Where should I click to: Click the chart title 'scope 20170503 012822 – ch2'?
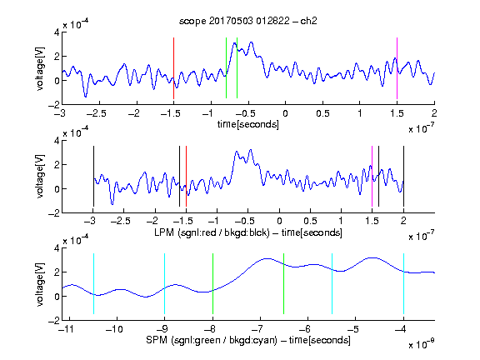[x=248, y=21]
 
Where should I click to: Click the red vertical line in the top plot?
[x=173, y=68]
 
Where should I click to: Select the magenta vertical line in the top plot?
[x=397, y=68]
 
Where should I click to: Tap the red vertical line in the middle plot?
[x=186, y=177]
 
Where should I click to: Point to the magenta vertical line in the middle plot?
[x=372, y=177]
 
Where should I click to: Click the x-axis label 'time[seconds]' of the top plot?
[x=248, y=124]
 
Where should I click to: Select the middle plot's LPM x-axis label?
[x=248, y=232]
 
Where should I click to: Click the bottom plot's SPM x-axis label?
[x=248, y=340]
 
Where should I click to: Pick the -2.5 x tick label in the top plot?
[x=97, y=113]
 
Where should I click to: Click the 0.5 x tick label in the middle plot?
[x=310, y=221]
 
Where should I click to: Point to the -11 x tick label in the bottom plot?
[x=67, y=329]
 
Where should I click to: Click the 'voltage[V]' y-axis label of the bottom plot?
[x=40, y=284]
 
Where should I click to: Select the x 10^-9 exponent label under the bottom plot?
[x=422, y=344]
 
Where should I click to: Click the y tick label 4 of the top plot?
[x=57, y=32]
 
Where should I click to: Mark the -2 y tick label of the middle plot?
[x=54, y=213]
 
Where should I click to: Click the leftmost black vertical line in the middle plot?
[x=93, y=177]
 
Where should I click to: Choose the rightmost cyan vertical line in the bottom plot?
[x=404, y=284]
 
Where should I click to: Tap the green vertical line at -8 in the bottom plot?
[x=212, y=284]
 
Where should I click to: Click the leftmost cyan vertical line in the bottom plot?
[x=93, y=284]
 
